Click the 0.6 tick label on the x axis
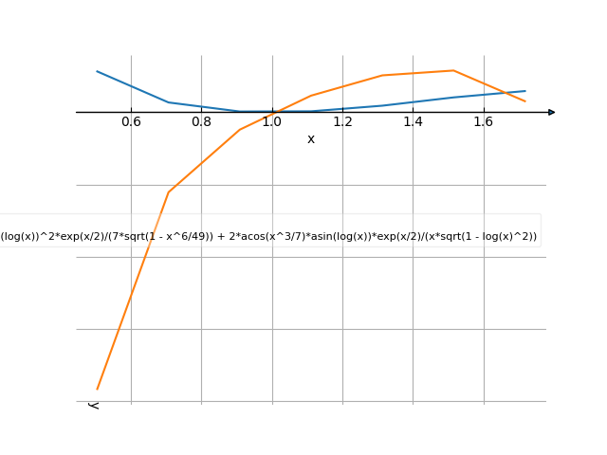(x=131, y=122)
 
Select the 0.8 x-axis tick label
(x=201, y=122)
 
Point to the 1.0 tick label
(x=272, y=122)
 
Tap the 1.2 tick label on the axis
(x=342, y=122)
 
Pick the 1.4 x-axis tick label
(x=413, y=122)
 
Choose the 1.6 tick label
(x=484, y=122)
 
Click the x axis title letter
(x=311, y=139)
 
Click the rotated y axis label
(x=93, y=405)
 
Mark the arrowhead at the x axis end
(x=552, y=112)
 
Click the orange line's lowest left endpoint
(x=97, y=389)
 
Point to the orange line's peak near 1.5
(x=454, y=70)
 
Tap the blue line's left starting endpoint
(x=97, y=71)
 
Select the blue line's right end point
(x=525, y=91)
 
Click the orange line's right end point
(x=525, y=101)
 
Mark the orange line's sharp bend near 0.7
(x=169, y=192)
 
